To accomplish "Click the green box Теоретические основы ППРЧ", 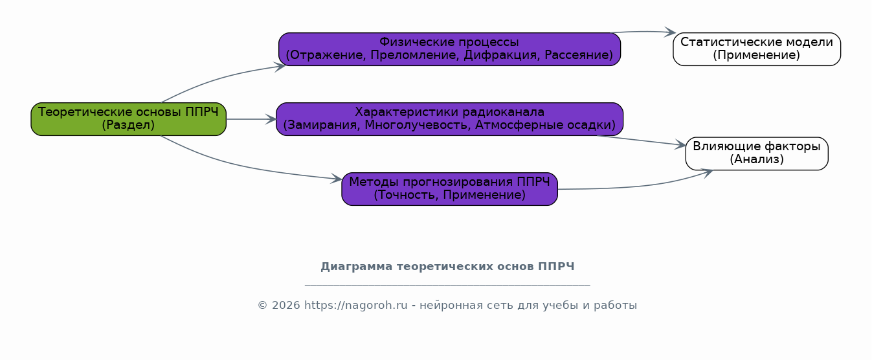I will pos(128,119).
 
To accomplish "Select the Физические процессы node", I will pos(449,49).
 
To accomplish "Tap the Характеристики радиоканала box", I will pos(449,119).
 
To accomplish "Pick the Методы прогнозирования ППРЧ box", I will pos(449,189).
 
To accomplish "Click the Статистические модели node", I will pos(756,49).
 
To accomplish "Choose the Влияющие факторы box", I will pos(756,153).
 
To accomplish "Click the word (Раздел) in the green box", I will pos(128,126).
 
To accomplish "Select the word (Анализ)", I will pos(756,160).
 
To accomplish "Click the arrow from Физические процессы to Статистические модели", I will pos(644,31).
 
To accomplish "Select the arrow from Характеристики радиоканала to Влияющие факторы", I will pos(641,141).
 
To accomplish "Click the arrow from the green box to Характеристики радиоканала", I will pos(251,119).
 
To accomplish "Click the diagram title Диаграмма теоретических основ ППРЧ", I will pos(447,267).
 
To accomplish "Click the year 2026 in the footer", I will pos(286,306).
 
